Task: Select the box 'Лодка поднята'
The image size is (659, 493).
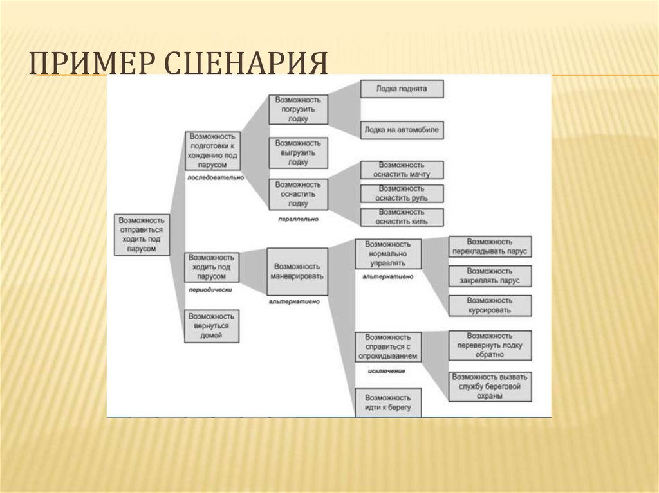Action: click(402, 89)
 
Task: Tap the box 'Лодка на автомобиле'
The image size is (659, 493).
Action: click(402, 130)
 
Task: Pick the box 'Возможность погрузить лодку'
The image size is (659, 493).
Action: click(299, 109)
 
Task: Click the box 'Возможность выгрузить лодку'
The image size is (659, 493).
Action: click(299, 152)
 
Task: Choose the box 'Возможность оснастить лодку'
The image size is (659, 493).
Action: click(299, 193)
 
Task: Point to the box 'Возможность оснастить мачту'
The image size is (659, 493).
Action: click(402, 170)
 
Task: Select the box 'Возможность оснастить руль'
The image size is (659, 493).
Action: click(402, 193)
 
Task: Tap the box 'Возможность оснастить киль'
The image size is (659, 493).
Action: click(402, 217)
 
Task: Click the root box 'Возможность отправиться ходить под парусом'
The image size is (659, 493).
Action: click(142, 235)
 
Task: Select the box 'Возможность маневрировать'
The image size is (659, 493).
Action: click(297, 271)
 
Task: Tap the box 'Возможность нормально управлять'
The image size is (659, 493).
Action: click(388, 254)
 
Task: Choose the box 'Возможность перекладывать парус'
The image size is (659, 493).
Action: click(490, 247)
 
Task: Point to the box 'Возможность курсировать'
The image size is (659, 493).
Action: click(490, 305)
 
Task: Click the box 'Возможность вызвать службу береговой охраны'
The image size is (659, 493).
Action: click(490, 386)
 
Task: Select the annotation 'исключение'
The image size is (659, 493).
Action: click(387, 372)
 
